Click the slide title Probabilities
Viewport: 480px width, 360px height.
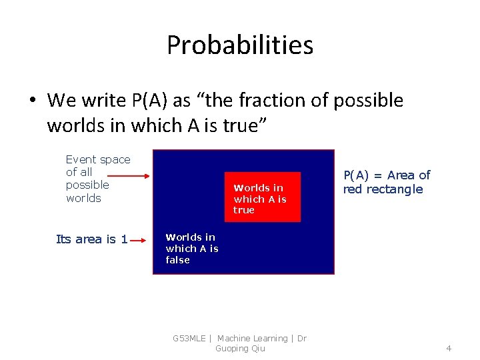pos(240,45)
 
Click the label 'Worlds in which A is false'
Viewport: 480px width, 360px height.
pos(192,249)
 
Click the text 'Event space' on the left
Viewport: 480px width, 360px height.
pos(98,159)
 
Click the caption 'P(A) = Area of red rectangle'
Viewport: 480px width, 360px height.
pos(387,182)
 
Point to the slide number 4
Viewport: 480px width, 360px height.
pos(449,348)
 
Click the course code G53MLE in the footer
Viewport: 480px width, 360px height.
pos(189,339)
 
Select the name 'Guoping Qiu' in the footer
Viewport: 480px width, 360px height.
pos(240,349)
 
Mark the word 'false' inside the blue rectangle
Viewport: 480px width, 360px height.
pos(178,260)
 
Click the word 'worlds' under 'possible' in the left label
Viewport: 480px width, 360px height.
pos(83,198)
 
